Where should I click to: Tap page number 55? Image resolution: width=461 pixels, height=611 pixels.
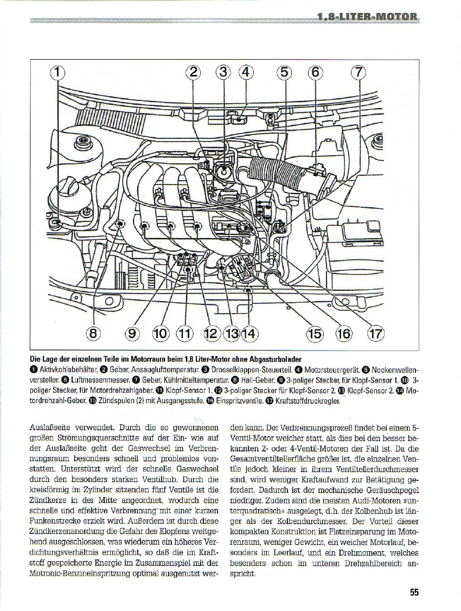414,593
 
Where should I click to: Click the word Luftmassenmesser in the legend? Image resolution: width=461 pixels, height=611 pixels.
80,379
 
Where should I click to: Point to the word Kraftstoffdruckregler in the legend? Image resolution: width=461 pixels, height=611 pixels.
310,402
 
